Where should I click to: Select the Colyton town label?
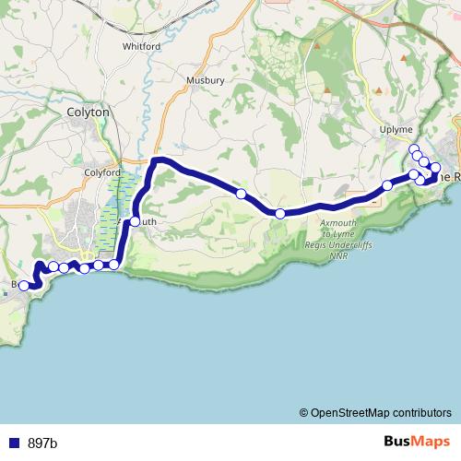[89, 112]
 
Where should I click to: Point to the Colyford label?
[102, 171]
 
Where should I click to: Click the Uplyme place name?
[396, 130]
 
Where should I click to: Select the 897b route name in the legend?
[42, 443]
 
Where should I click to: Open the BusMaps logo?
[417, 442]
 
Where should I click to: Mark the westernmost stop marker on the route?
[24, 286]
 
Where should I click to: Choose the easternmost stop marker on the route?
[435, 168]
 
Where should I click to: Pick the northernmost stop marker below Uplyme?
[413, 149]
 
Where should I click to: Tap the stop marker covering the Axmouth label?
[135, 221]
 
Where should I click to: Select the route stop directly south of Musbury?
[241, 194]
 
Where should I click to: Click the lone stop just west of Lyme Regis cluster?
[387, 185]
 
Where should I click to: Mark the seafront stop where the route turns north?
[114, 265]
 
